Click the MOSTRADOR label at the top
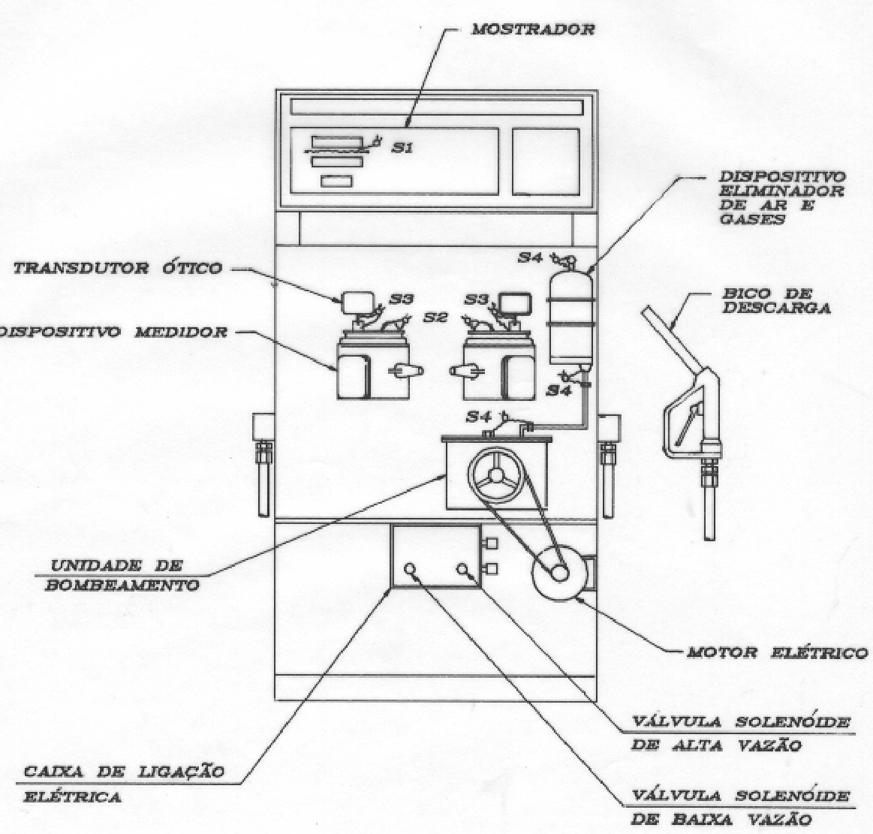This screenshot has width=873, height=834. click(533, 29)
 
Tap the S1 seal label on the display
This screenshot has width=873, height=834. click(401, 148)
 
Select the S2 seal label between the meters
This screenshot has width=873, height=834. click(435, 318)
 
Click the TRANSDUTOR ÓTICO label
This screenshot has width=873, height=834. click(118, 268)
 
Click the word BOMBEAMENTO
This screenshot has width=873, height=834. click(122, 586)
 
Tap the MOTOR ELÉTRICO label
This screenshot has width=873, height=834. click(777, 652)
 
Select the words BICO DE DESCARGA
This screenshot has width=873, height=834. click(776, 300)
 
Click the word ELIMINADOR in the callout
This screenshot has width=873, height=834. click(781, 191)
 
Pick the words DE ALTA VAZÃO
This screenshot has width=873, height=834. click(715, 745)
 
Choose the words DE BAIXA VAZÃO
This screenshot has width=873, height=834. click(721, 820)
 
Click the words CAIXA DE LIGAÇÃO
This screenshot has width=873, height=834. click(124, 772)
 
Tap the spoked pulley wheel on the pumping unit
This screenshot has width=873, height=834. click(495, 476)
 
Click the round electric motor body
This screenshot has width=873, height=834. click(558, 572)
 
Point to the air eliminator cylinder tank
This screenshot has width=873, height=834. click(570, 318)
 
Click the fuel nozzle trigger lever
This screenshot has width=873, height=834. click(687, 424)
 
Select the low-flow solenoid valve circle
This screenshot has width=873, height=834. click(411, 569)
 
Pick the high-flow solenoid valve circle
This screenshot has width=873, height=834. click(462, 569)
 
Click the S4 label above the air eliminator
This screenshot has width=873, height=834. click(530, 257)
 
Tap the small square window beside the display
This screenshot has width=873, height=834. click(546, 161)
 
